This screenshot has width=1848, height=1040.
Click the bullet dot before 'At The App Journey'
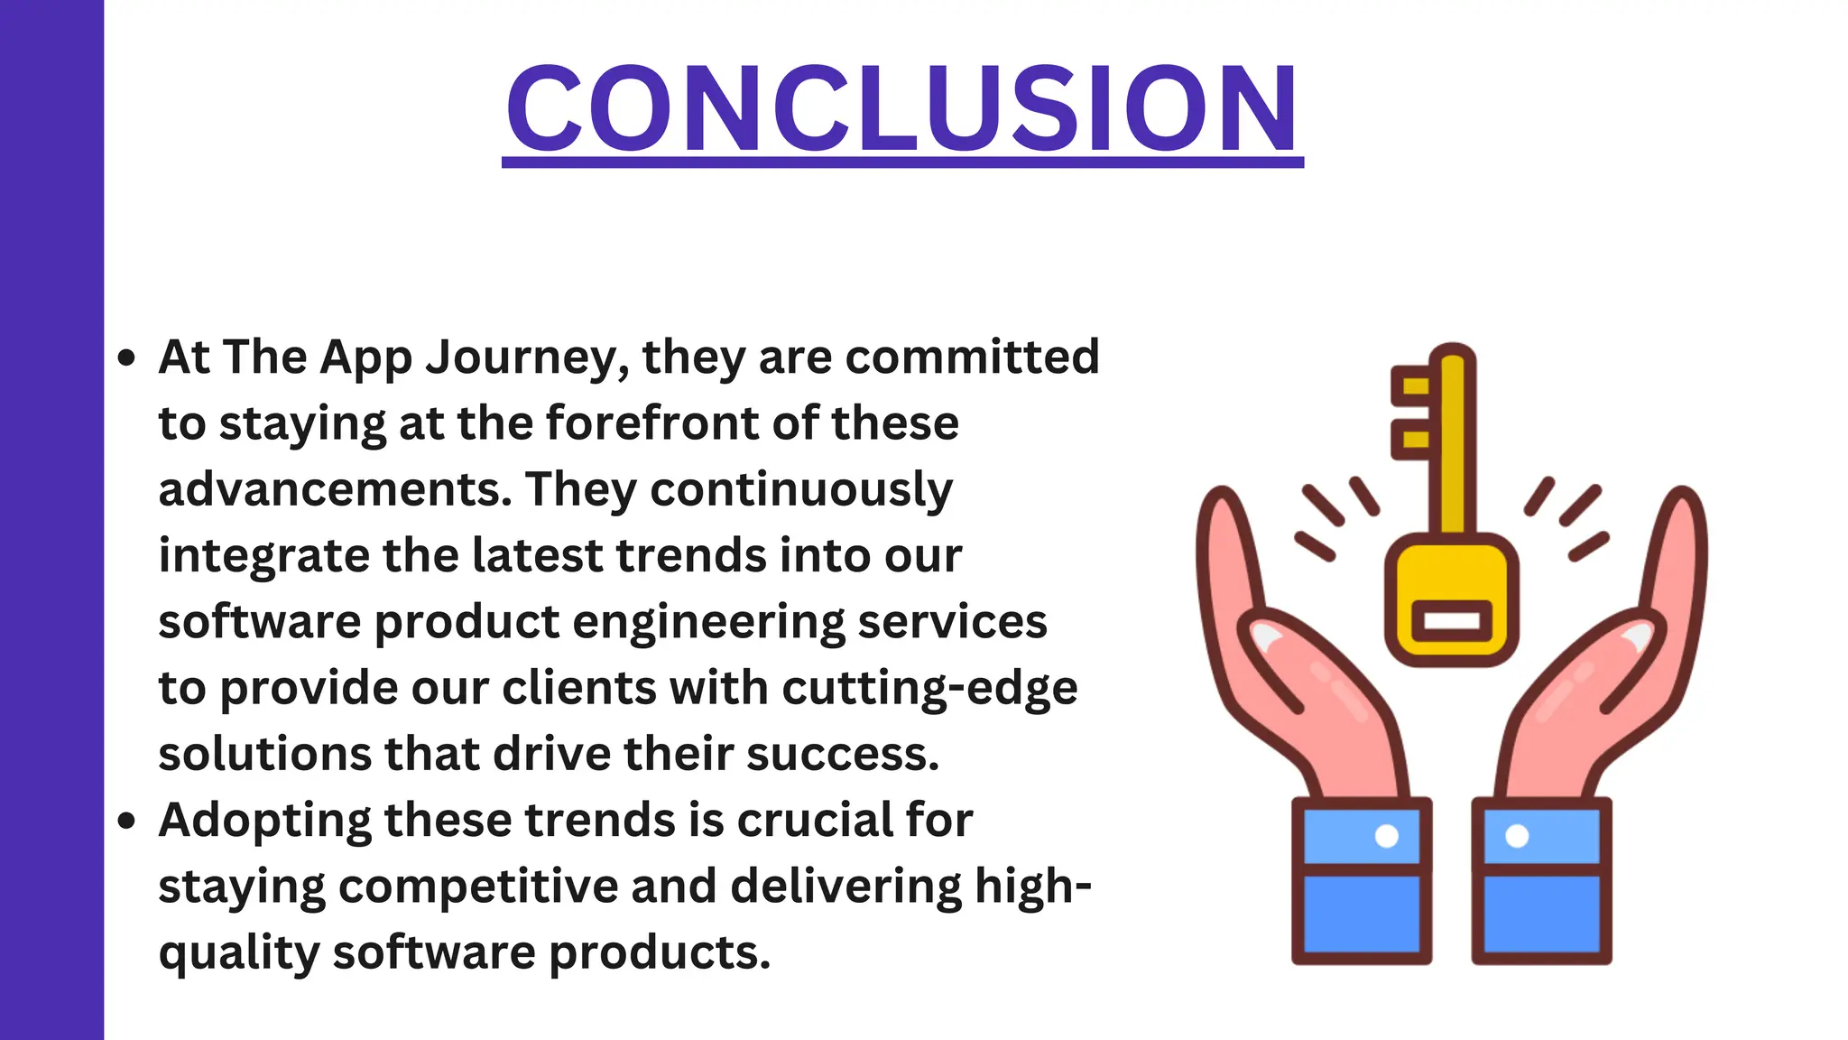click(x=126, y=358)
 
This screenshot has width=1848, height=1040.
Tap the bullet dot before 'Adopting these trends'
click(x=126, y=822)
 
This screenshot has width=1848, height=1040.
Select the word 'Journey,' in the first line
click(x=527, y=357)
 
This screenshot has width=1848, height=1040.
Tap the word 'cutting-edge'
click(x=929, y=689)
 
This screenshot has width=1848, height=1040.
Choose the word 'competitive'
click(x=477, y=887)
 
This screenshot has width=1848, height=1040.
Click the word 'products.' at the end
click(x=660, y=952)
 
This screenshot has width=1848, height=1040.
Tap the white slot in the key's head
click(x=1451, y=621)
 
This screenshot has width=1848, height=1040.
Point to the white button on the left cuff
click(x=1387, y=836)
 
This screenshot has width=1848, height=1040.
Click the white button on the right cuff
click(x=1518, y=836)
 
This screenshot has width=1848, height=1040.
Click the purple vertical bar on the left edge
click(x=51, y=520)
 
